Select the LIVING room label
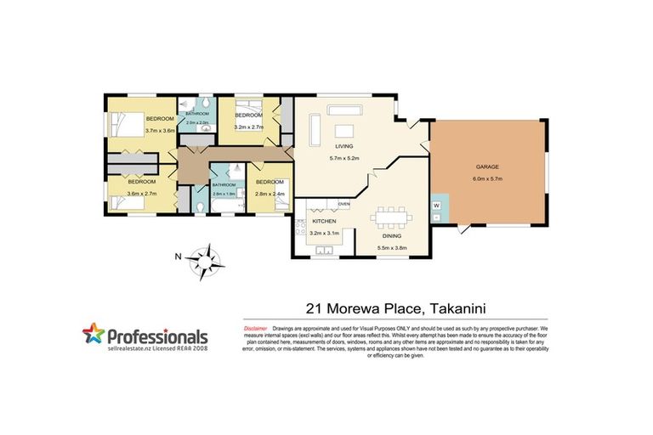344,147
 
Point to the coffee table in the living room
344,130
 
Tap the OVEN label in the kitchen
344,204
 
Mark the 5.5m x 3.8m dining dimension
392,248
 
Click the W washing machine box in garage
436,206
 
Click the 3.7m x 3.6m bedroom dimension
160,130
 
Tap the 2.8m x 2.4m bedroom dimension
270,194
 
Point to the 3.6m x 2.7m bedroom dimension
141,194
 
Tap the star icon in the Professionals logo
94,334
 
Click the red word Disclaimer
256,327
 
